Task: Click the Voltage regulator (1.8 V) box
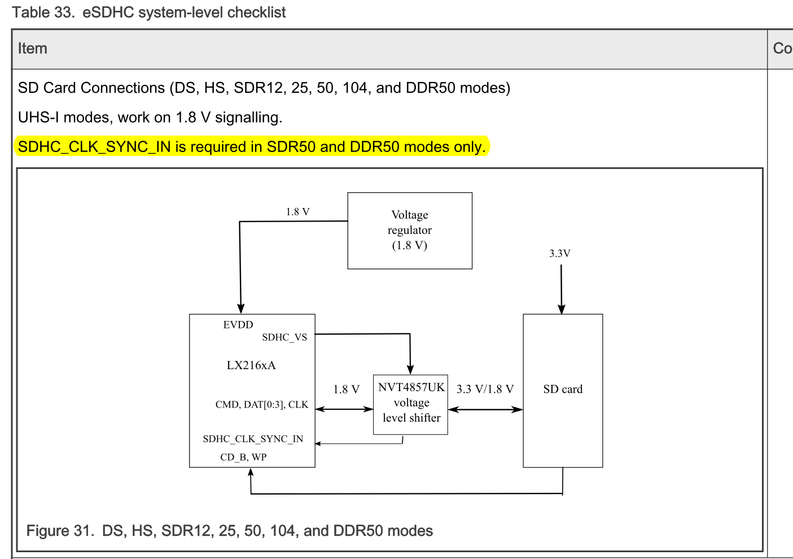tap(409, 231)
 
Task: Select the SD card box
tap(563, 390)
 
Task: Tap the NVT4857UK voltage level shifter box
tap(410, 404)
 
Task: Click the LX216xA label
tap(251, 365)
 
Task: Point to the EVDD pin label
tap(238, 325)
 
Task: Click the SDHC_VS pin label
tap(284, 337)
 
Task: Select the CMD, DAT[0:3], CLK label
tap(261, 405)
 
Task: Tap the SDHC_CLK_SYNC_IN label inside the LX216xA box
tap(253, 439)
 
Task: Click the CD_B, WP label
tap(243, 457)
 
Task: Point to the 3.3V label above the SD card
tap(560, 253)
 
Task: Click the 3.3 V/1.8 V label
tap(485, 389)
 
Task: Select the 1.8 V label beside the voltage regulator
tap(297, 212)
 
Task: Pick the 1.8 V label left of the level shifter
tap(346, 389)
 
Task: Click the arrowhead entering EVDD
tap(241, 308)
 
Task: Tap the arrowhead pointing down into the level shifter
tap(410, 369)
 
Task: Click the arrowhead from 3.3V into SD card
tap(562, 309)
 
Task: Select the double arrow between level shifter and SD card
tap(485, 410)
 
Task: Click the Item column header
tap(33, 49)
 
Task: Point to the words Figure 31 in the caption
tap(60, 531)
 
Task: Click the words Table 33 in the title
tap(43, 12)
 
